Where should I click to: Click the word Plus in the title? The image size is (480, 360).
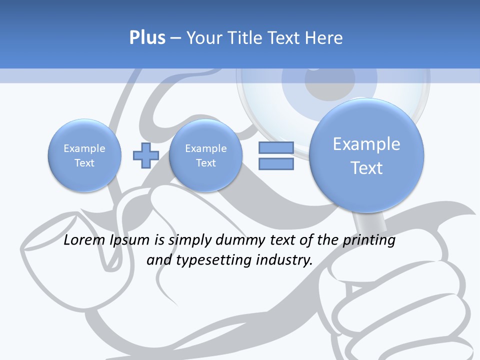pyautogui.click(x=147, y=38)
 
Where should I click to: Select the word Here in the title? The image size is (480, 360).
pyautogui.click(x=323, y=38)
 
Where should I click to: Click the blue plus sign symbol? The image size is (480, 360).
pyautogui.click(x=145, y=155)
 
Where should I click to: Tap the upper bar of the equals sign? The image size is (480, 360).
pyautogui.click(x=275, y=147)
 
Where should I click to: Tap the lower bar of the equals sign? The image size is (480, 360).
pyautogui.click(x=275, y=164)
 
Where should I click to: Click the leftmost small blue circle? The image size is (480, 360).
pyautogui.click(x=84, y=155)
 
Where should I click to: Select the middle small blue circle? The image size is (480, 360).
pyautogui.click(x=205, y=155)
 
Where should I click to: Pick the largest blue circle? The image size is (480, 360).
pyautogui.click(x=366, y=155)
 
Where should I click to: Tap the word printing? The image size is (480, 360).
pyautogui.click(x=368, y=240)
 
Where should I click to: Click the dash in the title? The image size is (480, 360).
pyautogui.click(x=175, y=38)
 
